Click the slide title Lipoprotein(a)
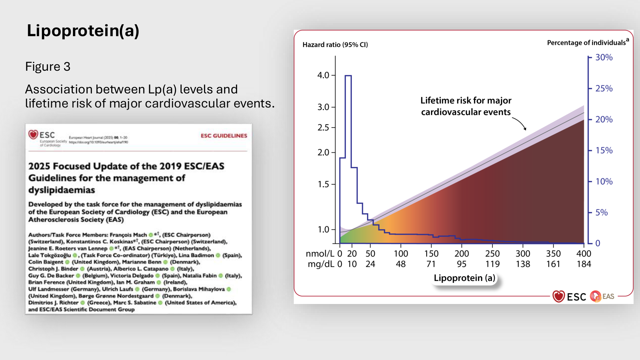click(x=83, y=31)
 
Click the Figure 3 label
click(x=48, y=67)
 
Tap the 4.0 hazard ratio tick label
click(x=323, y=75)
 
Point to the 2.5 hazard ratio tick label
click(x=323, y=128)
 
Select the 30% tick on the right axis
click(x=604, y=58)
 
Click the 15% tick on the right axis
click(x=604, y=150)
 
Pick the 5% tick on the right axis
click(x=601, y=212)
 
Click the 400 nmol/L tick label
click(x=584, y=254)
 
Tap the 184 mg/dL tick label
click(x=584, y=264)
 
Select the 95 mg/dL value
click(x=461, y=264)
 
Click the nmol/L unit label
click(x=320, y=254)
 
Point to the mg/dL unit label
click(x=321, y=264)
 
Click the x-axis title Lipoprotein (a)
click(x=464, y=278)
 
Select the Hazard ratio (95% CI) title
click(x=335, y=45)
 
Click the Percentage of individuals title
click(x=586, y=43)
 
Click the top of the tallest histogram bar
click(x=348, y=76)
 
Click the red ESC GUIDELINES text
click(x=224, y=136)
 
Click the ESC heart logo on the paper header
click(x=33, y=134)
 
